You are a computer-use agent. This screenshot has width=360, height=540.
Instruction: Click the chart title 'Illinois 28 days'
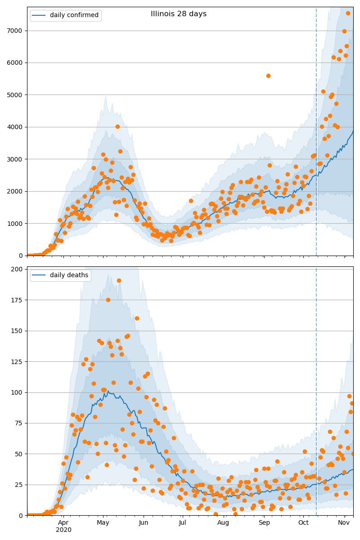pyautogui.click(x=179, y=14)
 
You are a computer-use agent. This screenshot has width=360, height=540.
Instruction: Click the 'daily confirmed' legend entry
pyautogui.click(x=74, y=15)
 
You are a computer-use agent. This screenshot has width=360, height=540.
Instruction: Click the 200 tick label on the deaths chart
pyautogui.click(x=18, y=269)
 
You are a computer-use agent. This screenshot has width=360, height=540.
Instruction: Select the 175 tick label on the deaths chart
pyautogui.click(x=18, y=300)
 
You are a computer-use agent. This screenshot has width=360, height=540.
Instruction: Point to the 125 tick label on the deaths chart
pyautogui.click(x=18, y=362)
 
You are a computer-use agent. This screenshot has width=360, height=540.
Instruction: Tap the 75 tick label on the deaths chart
pyautogui.click(x=19, y=423)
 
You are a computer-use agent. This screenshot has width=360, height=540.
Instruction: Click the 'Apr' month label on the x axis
pyautogui.click(x=63, y=522)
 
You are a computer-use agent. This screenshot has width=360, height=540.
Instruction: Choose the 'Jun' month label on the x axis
pyautogui.click(x=144, y=522)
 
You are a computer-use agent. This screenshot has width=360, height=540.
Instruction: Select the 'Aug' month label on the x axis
pyautogui.click(x=223, y=522)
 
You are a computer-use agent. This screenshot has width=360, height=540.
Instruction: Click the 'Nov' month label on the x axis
pyautogui.click(x=344, y=522)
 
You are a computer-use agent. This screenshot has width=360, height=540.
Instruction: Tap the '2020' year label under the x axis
pyautogui.click(x=63, y=530)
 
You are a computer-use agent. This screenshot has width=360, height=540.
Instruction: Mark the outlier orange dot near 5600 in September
pyautogui.click(x=268, y=76)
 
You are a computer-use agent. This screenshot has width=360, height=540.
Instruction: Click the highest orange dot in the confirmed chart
pyautogui.click(x=348, y=13)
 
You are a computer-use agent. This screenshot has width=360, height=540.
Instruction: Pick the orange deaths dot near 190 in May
pyautogui.click(x=119, y=280)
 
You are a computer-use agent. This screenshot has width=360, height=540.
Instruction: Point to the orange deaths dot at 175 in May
pyautogui.click(x=108, y=300)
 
